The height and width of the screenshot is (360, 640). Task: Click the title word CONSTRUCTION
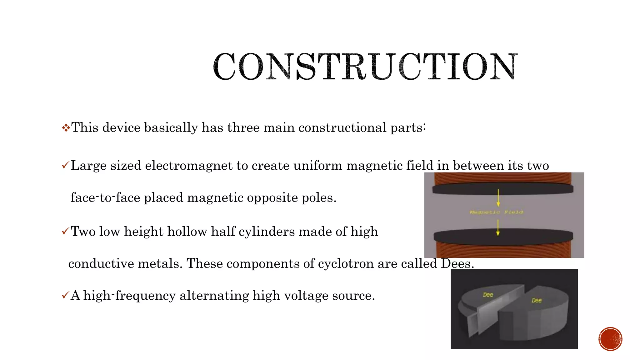[365, 67]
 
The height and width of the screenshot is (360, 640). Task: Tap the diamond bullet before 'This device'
[66, 128]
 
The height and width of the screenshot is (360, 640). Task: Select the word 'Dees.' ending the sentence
[457, 263]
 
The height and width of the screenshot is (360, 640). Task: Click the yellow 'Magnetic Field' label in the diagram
[496, 212]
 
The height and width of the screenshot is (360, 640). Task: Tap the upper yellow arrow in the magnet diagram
[498, 197]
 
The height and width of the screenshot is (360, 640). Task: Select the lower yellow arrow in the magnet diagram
[498, 227]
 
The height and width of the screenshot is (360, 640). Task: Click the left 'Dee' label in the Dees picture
[488, 295]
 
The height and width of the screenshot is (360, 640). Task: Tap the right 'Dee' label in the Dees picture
[537, 301]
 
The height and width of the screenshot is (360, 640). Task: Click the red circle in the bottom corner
[610, 339]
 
